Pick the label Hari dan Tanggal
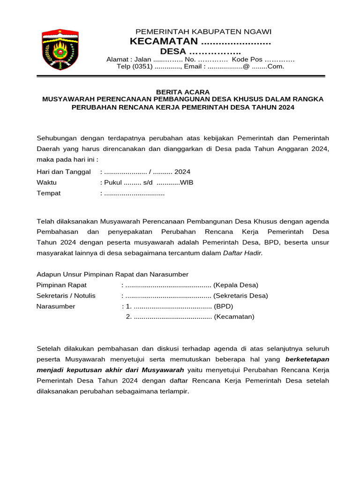pyautogui.click(x=64, y=172)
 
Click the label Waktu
pyautogui.click(x=46, y=183)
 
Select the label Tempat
pyautogui.click(x=49, y=193)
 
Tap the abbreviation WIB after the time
pyautogui.click(x=187, y=183)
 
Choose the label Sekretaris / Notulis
pyautogui.click(x=66, y=296)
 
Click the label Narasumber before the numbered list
pyautogui.click(x=56, y=307)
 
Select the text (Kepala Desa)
pyautogui.click(x=236, y=285)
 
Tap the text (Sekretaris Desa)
pyautogui.click(x=241, y=296)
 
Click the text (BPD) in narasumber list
pyautogui.click(x=223, y=307)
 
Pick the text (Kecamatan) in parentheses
pyautogui.click(x=234, y=317)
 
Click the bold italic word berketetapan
pyautogui.click(x=307, y=360)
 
